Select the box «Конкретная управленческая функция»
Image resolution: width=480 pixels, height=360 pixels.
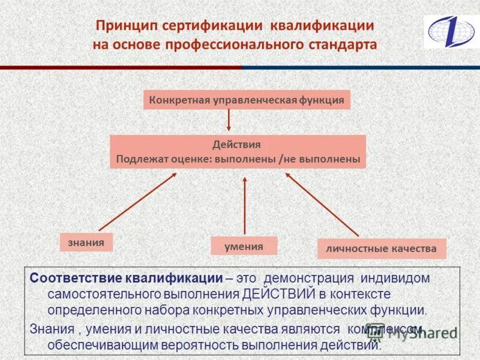[247, 100]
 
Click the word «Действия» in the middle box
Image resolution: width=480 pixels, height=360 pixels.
[236, 145]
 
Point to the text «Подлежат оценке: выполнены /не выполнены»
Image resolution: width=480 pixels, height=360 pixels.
[238, 160]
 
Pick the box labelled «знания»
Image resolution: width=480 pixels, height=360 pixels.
[86, 242]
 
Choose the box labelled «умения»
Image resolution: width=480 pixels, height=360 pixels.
[244, 246]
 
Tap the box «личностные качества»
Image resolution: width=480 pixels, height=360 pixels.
[382, 248]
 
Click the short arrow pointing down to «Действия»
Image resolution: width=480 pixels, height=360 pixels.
[229, 121]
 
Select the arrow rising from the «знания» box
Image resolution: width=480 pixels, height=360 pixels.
[137, 202]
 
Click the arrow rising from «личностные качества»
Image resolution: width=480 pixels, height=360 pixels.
[322, 205]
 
